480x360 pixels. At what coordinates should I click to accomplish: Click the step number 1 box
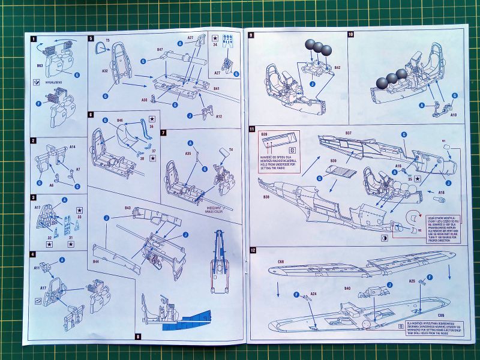tap(35, 40)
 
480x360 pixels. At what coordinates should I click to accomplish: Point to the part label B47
tap(160, 49)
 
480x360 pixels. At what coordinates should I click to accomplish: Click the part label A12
tap(219, 116)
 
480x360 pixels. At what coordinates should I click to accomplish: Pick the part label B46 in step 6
tap(119, 120)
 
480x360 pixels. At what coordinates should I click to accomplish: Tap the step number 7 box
tap(164, 131)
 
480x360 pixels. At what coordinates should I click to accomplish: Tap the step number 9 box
tap(252, 35)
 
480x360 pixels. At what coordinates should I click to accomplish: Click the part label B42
tap(337, 67)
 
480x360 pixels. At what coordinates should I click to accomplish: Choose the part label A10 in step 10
tap(454, 113)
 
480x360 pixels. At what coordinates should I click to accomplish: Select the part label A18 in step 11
tap(441, 192)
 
